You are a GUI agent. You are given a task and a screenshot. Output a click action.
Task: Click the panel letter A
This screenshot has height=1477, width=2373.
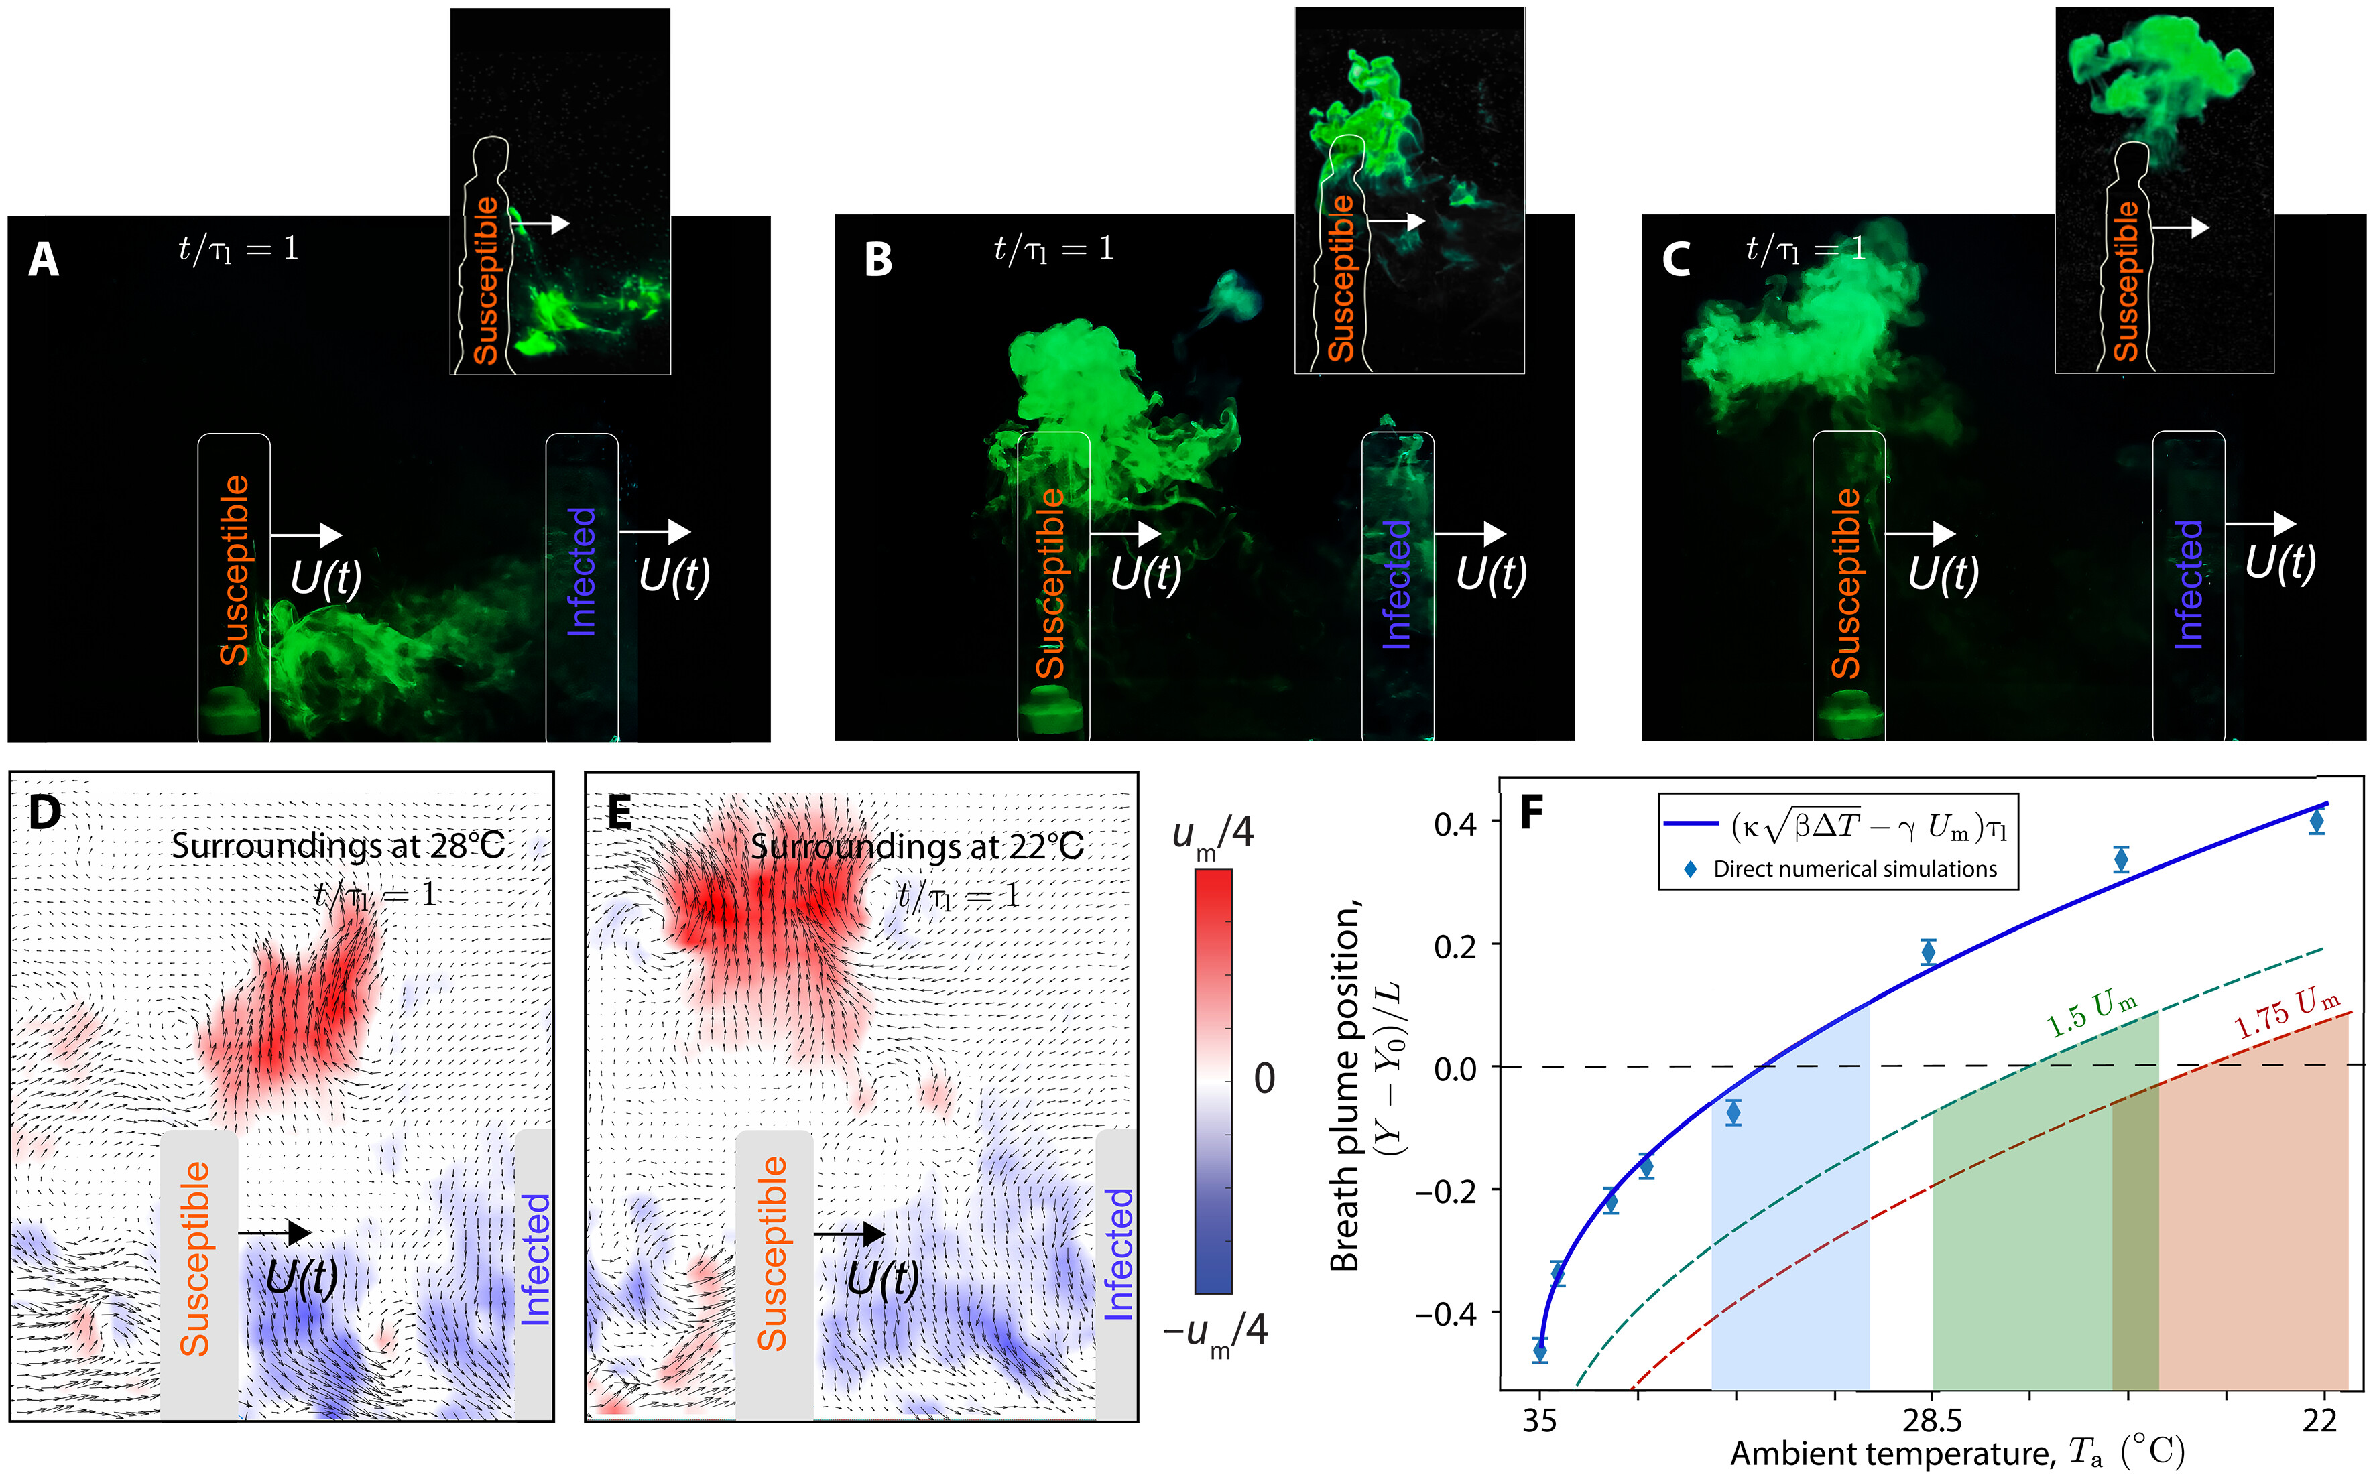pos(43,260)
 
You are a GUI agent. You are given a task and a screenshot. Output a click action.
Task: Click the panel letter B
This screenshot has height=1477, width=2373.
pos(878,260)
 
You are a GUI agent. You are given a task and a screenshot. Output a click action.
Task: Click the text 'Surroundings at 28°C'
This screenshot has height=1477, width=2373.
pos(338,846)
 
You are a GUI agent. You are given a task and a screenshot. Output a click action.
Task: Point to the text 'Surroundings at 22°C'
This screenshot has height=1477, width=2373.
pos(916,846)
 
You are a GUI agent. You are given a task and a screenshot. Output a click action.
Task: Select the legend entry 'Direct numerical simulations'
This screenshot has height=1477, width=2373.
pos(1854,869)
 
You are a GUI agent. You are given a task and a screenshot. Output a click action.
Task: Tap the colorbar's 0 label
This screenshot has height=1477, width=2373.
pos(1263,1078)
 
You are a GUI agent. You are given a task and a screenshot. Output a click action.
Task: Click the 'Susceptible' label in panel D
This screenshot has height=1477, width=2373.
pos(195,1258)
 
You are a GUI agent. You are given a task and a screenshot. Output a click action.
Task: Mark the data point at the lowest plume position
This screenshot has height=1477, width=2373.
pos(1540,1352)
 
